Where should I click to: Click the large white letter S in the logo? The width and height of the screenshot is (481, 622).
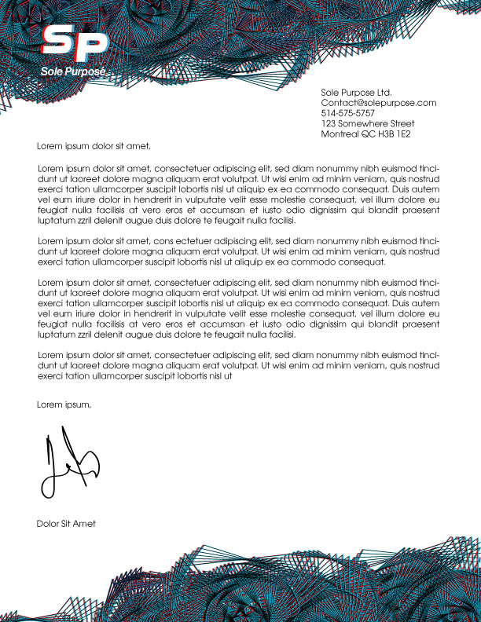click(58, 44)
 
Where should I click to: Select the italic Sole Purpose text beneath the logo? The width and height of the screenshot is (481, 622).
click(72, 71)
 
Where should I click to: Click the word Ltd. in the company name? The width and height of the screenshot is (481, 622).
click(384, 93)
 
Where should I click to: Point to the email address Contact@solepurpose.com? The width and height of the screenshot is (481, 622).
click(378, 103)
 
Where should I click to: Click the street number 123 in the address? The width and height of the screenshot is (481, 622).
click(329, 123)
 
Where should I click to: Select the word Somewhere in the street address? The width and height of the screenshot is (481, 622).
click(362, 123)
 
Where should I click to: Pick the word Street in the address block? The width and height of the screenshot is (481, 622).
click(402, 123)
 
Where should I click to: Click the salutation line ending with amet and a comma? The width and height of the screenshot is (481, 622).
click(93, 145)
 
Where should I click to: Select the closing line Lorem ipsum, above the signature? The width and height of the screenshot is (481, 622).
click(64, 404)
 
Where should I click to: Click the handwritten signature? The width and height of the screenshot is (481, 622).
click(67, 465)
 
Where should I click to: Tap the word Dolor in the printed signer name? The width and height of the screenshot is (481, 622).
click(48, 523)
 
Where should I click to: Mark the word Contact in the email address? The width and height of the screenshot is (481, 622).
click(339, 103)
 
